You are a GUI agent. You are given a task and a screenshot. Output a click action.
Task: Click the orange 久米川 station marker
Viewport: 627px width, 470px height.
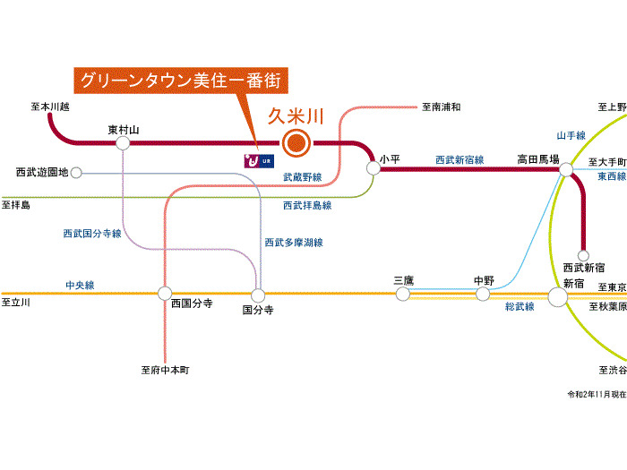[296, 142]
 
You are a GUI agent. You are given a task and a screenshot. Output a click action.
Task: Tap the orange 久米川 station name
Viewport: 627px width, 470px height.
[296, 115]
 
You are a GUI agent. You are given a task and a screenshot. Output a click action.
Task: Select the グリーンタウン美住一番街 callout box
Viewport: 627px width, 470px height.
[181, 80]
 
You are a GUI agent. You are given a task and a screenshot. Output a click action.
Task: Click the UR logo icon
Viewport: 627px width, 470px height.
[258, 161]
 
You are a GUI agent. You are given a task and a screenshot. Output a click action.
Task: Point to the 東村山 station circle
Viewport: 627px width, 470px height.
[124, 142]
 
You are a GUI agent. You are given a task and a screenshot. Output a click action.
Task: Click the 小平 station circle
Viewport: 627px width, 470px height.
[373, 167]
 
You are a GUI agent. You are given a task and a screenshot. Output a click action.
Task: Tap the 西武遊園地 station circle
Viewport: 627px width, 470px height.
[76, 172]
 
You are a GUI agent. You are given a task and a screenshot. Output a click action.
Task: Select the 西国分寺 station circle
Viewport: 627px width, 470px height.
[165, 293]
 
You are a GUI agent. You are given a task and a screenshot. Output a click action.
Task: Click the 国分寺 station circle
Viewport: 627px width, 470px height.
[258, 295]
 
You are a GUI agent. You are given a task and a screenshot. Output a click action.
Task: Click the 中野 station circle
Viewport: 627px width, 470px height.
[484, 294]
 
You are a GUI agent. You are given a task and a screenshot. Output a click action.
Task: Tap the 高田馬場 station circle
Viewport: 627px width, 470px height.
[566, 167]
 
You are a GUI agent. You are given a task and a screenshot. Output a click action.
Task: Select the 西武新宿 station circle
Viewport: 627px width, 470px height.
[583, 255]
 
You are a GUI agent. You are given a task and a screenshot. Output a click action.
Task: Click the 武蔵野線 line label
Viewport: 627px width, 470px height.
[302, 177]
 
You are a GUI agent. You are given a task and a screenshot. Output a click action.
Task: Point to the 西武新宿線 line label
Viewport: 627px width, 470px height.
[460, 159]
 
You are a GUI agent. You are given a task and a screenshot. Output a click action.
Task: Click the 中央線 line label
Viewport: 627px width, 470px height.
[80, 285]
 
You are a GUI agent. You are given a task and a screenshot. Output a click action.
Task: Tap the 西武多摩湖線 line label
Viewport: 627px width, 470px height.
[293, 242]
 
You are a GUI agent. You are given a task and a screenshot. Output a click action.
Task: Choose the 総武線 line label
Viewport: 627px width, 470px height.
[520, 306]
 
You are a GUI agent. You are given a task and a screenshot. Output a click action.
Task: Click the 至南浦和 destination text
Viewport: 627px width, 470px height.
[441, 107]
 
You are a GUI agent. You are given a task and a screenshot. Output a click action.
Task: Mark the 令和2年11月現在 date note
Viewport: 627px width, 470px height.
[597, 394]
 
